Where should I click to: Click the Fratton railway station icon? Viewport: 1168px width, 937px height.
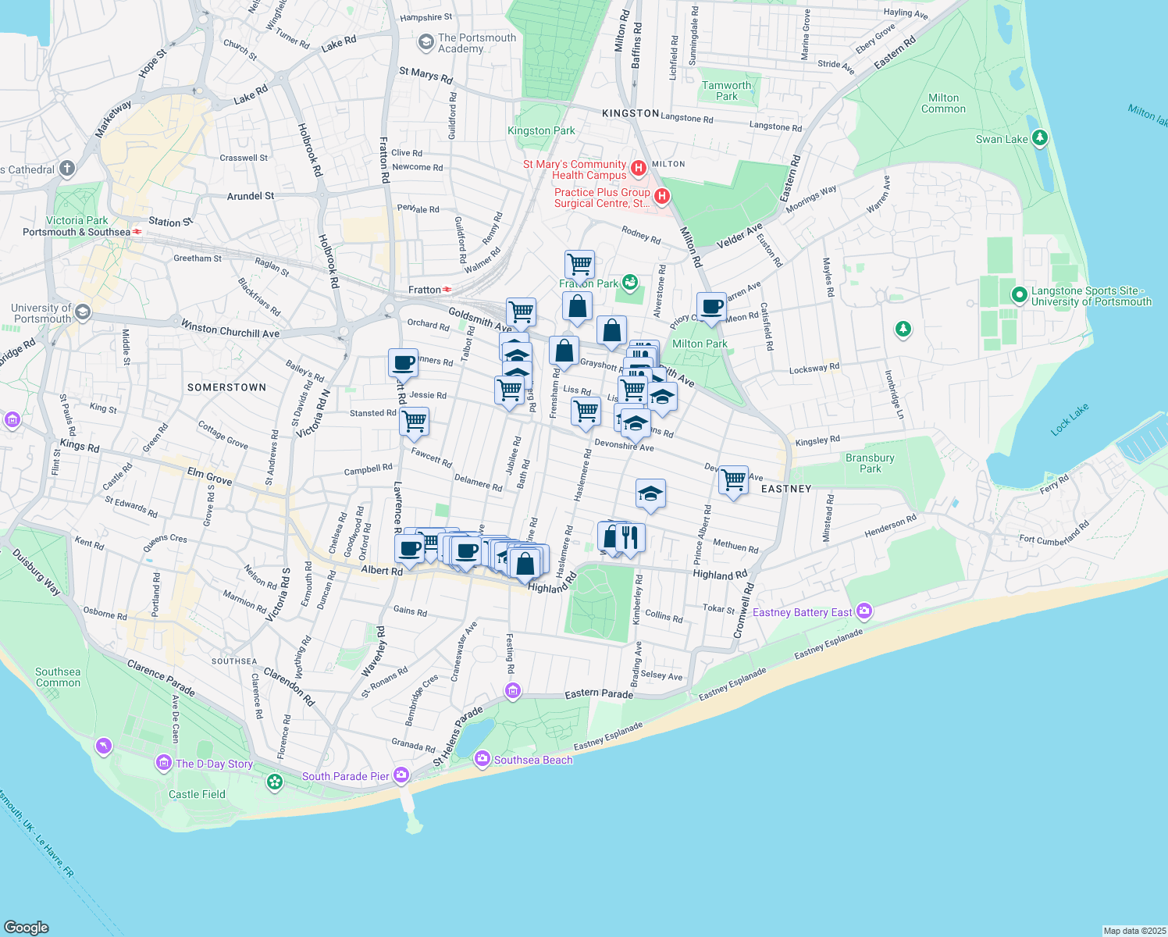coord(447,290)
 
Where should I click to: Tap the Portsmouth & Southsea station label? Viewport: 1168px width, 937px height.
coord(77,232)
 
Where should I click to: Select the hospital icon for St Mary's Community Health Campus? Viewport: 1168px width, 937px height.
coord(638,168)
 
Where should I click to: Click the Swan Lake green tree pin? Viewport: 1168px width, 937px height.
coord(1039,138)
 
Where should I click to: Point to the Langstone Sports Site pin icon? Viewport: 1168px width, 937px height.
coord(1019,295)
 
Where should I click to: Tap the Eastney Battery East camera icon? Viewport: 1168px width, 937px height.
coord(864,611)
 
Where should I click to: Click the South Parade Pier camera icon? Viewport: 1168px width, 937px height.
coord(401,775)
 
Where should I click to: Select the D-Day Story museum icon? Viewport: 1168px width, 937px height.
coord(164,762)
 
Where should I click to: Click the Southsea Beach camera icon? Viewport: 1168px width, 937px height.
coord(482,758)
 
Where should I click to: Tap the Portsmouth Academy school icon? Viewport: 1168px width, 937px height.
coord(426,42)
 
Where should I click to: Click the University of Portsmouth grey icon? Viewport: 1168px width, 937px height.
coord(83,313)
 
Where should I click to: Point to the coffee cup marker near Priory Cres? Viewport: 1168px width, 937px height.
coord(711,307)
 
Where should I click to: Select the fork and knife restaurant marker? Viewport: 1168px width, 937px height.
coord(630,537)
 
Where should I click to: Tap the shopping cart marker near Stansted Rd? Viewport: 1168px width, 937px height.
coord(414,422)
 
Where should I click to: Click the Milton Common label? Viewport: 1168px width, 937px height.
coord(943,103)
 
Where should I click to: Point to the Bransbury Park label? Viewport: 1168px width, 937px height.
coord(870,463)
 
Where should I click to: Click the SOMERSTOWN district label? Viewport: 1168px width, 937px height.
coord(226,387)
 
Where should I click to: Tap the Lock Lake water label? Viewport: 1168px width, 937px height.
coord(1069,419)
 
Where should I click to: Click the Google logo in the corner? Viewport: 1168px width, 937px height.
coord(27,927)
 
